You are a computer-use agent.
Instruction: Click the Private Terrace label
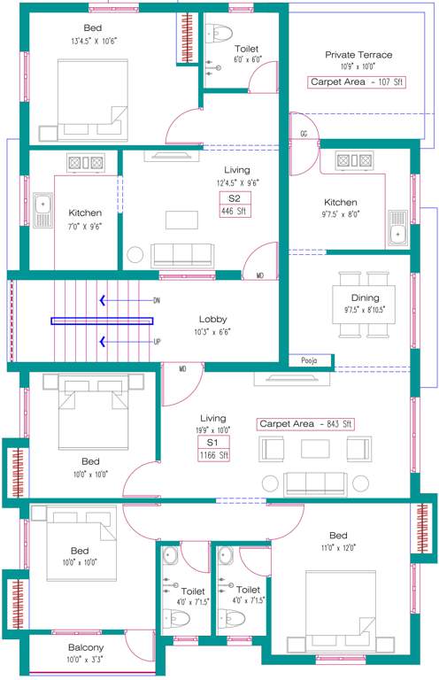(x=358, y=55)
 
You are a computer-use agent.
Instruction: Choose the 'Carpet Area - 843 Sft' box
(x=305, y=424)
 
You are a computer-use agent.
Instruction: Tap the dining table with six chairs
(x=359, y=311)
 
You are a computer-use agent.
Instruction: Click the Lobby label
(x=214, y=320)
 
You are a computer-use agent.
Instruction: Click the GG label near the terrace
(x=304, y=135)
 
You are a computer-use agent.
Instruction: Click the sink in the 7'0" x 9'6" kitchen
(x=42, y=209)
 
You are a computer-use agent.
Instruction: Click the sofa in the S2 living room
(x=182, y=255)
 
